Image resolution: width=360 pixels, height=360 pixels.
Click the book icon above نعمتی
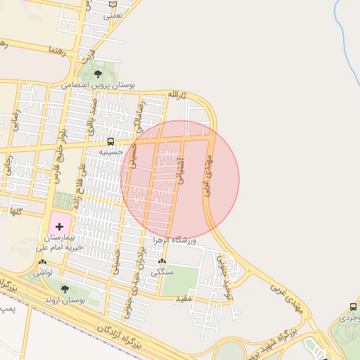pyautogui.click(x=113, y=4)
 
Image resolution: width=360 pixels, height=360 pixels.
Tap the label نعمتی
pyautogui.click(x=113, y=14)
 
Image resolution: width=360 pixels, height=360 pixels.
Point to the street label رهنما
pyautogui.click(x=57, y=51)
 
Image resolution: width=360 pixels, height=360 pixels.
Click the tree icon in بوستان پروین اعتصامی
pyautogui.click(x=97, y=73)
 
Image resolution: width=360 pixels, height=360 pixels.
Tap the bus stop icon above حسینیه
pyautogui.click(x=111, y=141)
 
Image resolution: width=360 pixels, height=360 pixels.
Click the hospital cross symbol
pyautogui.click(x=59, y=226)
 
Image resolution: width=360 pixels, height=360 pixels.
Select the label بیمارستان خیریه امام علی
pyautogui.click(x=60, y=243)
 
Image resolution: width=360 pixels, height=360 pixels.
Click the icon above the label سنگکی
pyautogui.click(x=162, y=261)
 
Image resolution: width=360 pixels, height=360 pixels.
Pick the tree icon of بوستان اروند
pyautogui.click(x=65, y=289)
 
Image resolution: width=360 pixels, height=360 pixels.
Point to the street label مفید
pyautogui.click(x=184, y=300)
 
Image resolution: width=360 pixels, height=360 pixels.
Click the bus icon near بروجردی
pyautogui.click(x=352, y=307)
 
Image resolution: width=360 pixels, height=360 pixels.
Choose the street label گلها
pyautogui.click(x=13, y=211)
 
